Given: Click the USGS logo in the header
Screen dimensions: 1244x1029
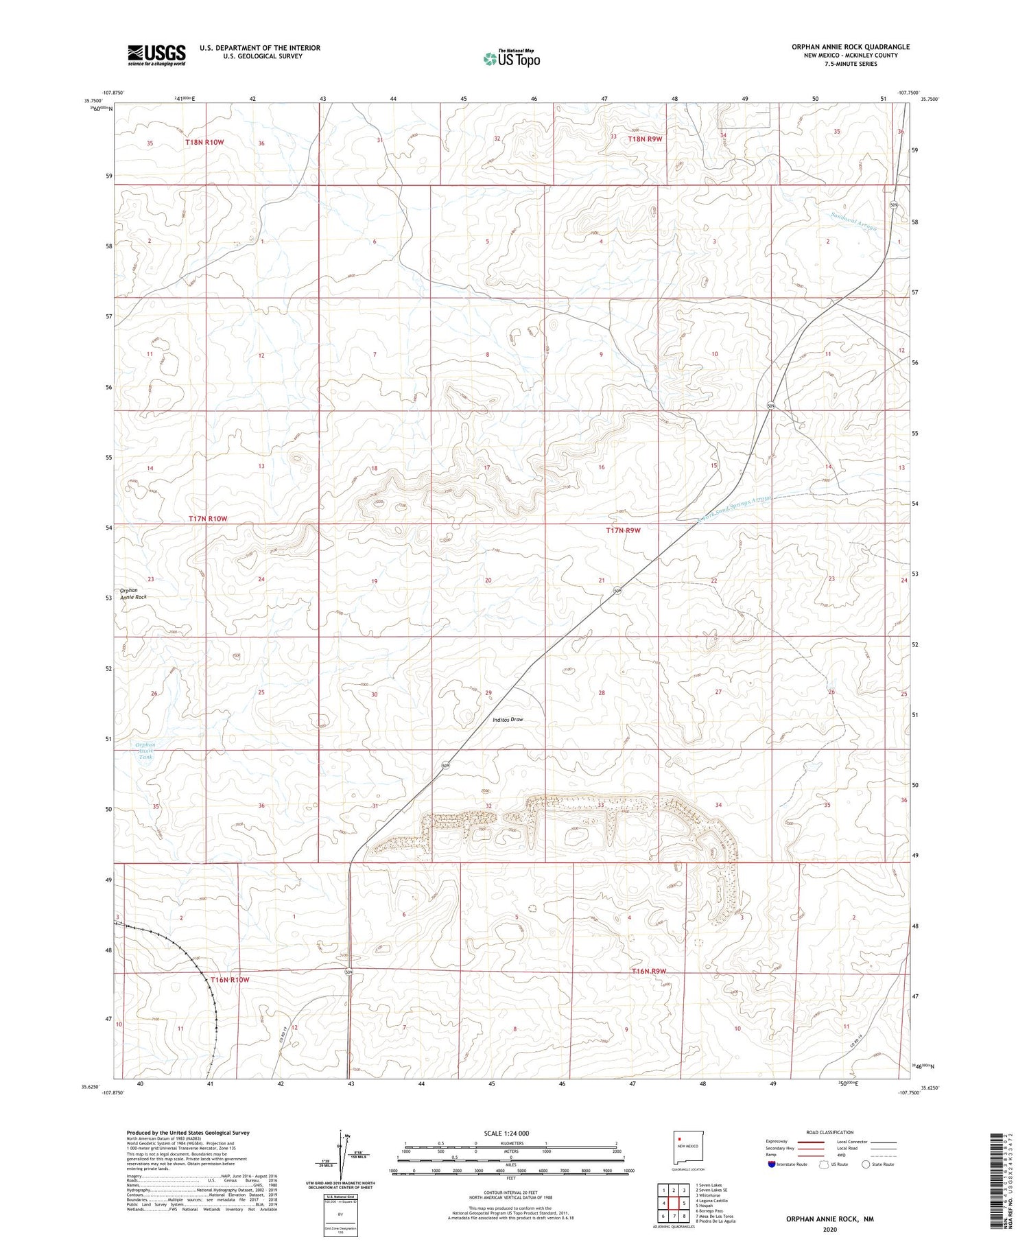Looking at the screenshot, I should coord(156,55).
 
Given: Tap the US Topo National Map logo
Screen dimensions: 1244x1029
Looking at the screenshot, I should coord(511,58).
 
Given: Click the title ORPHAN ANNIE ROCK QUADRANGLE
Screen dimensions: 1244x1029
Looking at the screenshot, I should coord(850,47).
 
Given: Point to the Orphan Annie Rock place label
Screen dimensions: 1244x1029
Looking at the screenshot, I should coord(133,594).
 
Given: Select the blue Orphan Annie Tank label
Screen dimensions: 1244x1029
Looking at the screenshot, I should coord(145,750).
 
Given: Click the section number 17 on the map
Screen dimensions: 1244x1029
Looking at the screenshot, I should coord(487,467).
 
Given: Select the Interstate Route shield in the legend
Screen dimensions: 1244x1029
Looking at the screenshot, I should coord(772,1164).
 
